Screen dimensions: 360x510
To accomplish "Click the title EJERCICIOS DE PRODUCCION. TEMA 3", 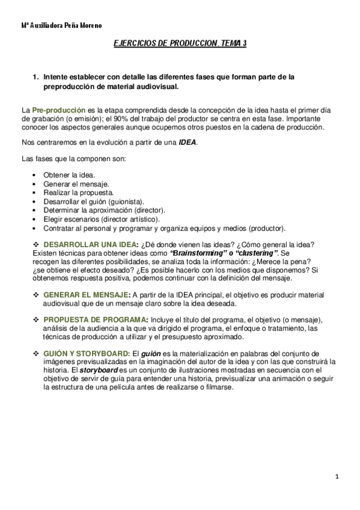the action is click(180, 44).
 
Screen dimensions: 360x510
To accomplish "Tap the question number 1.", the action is click(36, 77).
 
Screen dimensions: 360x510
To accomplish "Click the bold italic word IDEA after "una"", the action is click(188, 143).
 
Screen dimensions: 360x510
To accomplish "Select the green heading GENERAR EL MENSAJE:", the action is click(87, 295).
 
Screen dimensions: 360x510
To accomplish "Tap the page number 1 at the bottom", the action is click(338, 477).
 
